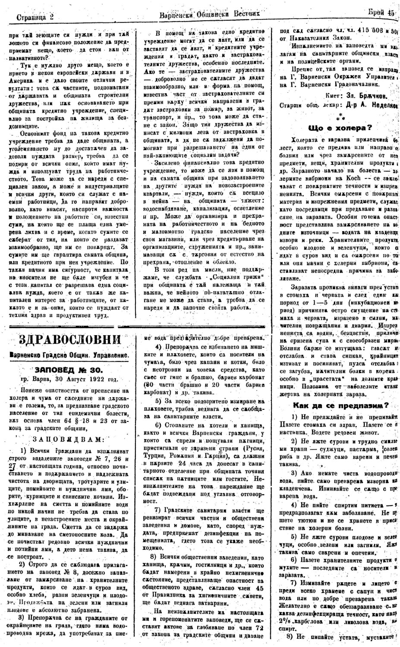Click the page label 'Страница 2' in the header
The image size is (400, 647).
(x=34, y=18)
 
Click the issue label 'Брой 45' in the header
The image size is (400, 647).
(x=381, y=13)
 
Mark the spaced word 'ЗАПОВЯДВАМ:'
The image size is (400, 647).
(x=68, y=439)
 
